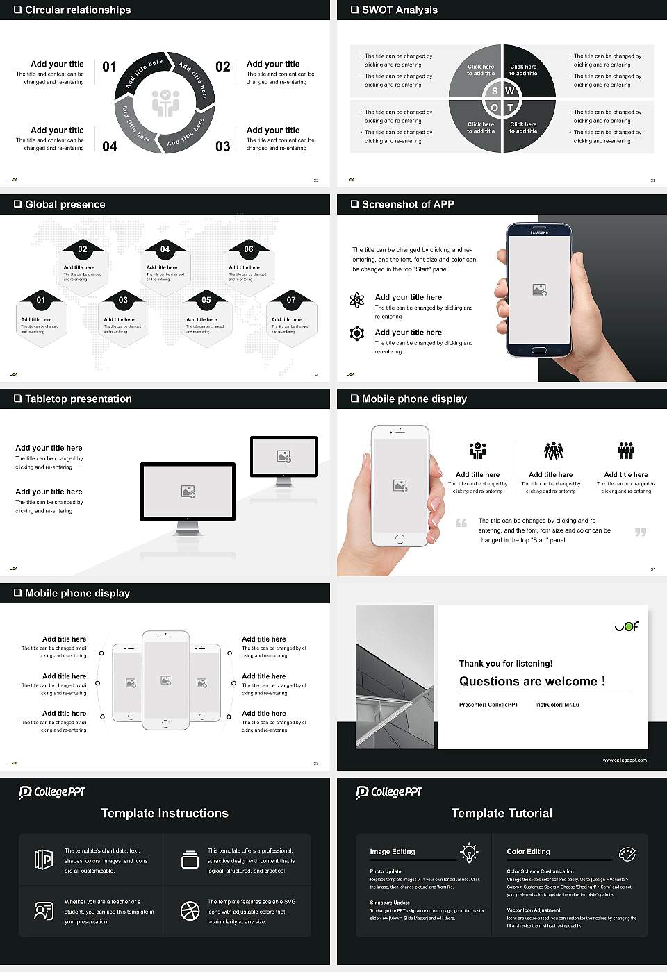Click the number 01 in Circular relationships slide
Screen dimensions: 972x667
tap(110, 67)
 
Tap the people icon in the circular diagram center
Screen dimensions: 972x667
tap(165, 103)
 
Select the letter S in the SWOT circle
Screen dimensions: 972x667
tap(495, 91)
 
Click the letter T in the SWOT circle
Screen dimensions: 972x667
tap(511, 108)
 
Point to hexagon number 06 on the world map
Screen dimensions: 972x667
tap(249, 249)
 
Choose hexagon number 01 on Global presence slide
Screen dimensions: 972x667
tap(41, 300)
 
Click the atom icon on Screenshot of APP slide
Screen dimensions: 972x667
tap(357, 300)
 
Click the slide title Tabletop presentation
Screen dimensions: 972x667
tap(78, 399)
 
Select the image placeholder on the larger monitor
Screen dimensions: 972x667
tap(188, 492)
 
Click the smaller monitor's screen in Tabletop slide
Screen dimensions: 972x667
tap(283, 456)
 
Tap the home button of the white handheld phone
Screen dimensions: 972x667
tap(400, 539)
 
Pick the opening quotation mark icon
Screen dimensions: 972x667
tap(461, 523)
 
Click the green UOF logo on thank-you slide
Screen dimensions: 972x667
tap(626, 626)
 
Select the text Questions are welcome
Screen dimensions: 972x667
tap(532, 681)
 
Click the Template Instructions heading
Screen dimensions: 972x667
tap(165, 813)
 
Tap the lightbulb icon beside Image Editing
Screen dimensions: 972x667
tap(469, 853)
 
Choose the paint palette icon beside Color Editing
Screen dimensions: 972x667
tap(627, 853)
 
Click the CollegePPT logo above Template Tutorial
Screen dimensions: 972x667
tap(389, 792)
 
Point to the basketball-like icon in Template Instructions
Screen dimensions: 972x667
tap(190, 911)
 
